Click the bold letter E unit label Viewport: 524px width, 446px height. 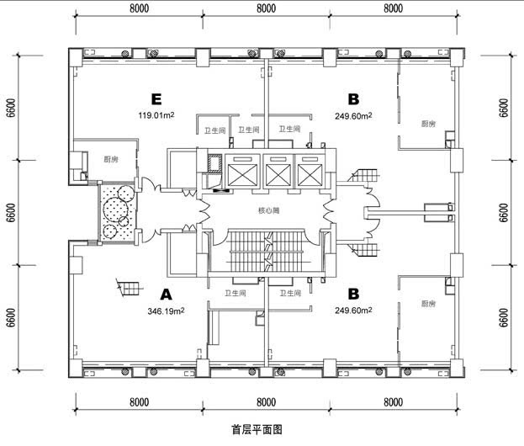pyautogui.click(x=156, y=99)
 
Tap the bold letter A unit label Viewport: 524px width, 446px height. pyautogui.click(x=166, y=295)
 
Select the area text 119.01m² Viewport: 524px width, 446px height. pyautogui.click(x=156, y=115)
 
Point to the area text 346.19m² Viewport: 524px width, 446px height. pyautogui.click(x=166, y=311)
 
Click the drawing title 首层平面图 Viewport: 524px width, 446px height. pyautogui.click(x=257, y=429)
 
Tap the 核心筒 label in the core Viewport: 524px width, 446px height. pyautogui.click(x=269, y=210)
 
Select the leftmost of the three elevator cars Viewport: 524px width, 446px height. pyautogui.click(x=242, y=171)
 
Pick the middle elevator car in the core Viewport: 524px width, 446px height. pyautogui.click(x=278, y=171)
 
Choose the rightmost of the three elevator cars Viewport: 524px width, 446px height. pyautogui.click(x=310, y=171)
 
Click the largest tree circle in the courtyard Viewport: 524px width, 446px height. pyautogui.click(x=116, y=209)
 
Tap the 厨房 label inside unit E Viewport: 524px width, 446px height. pyautogui.click(x=111, y=160)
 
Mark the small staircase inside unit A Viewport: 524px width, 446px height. pyautogui.click(x=130, y=289)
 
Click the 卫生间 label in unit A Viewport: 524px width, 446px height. pyautogui.click(x=236, y=293)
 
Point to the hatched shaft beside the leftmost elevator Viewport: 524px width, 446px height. pyautogui.click(x=214, y=163)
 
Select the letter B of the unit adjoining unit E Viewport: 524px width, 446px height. pyautogui.click(x=353, y=99)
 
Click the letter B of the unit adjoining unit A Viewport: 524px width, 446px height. pyautogui.click(x=353, y=295)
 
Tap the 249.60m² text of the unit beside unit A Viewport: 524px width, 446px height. pyautogui.click(x=353, y=311)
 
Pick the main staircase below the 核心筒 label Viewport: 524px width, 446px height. pyautogui.click(x=267, y=251)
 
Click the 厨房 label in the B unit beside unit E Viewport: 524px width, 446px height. pyautogui.click(x=428, y=124)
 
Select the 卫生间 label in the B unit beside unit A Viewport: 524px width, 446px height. pyautogui.click(x=290, y=293)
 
